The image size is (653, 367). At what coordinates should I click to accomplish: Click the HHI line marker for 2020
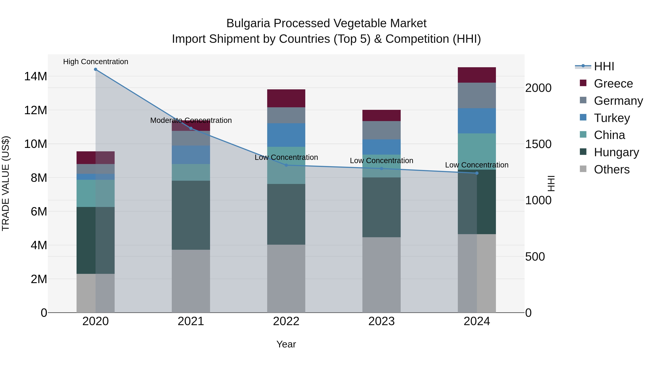click(x=96, y=69)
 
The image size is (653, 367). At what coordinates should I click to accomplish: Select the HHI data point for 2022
click(x=286, y=165)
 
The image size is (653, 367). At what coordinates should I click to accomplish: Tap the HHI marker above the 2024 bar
click(x=477, y=173)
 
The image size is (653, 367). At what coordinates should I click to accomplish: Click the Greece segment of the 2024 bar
click(x=477, y=75)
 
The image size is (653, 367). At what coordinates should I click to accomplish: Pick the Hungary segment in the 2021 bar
click(x=191, y=215)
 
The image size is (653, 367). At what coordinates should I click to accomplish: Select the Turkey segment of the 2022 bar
click(x=286, y=135)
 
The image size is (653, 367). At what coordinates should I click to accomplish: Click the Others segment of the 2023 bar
click(x=381, y=275)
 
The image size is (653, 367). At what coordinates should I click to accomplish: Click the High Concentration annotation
click(x=96, y=62)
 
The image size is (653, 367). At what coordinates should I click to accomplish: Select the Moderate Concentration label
click(x=191, y=120)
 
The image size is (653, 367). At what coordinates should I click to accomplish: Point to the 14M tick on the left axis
click(x=36, y=76)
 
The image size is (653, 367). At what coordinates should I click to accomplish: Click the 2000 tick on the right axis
click(x=538, y=88)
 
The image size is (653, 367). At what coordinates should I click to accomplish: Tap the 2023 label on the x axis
click(x=381, y=321)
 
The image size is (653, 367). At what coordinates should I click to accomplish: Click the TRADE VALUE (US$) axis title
click(x=6, y=183)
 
